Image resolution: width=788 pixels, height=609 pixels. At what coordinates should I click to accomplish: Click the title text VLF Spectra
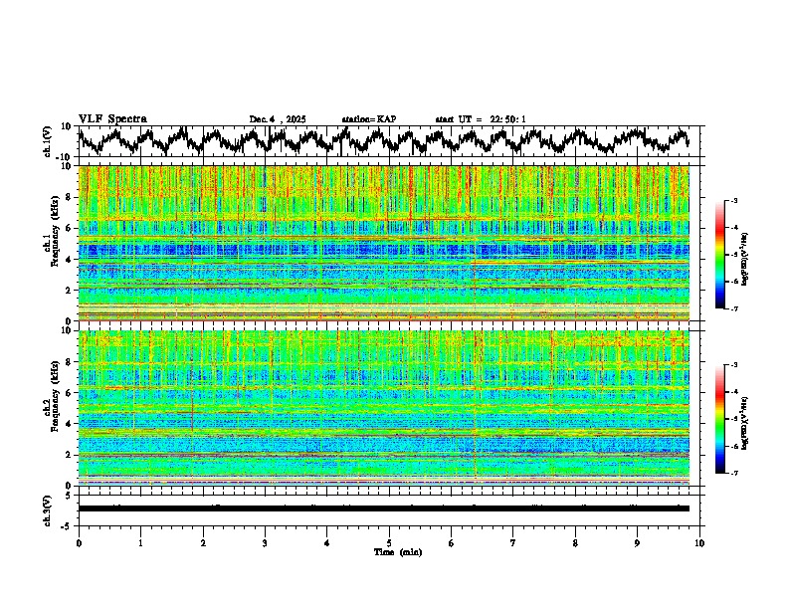[x=112, y=118]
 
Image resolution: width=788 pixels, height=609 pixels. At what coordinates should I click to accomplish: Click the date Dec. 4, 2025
[x=278, y=119]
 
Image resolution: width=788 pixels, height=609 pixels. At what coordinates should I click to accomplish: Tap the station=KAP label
[x=368, y=119]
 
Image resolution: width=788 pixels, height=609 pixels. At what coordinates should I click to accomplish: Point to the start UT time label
[x=481, y=119]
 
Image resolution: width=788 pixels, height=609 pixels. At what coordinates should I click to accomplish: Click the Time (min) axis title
[x=389, y=551]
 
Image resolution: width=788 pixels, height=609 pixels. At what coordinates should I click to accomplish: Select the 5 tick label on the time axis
[x=389, y=542]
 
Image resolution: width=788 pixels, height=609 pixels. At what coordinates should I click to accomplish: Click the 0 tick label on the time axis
[x=79, y=542]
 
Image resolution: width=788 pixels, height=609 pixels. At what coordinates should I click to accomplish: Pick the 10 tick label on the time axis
[x=699, y=542]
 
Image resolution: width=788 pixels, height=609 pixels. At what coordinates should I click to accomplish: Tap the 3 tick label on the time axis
[x=265, y=542]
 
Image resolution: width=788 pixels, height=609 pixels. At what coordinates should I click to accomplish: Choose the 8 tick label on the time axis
[x=575, y=542]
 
